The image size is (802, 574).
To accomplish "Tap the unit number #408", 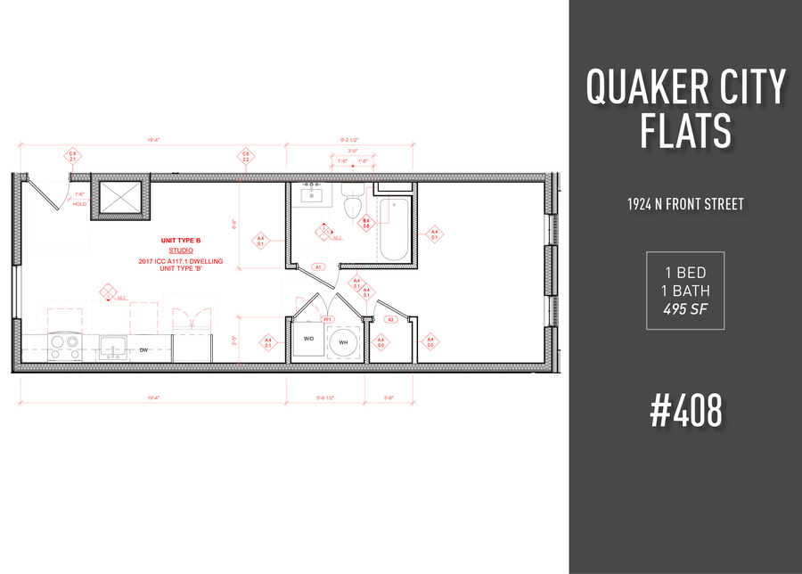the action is coord(685,409).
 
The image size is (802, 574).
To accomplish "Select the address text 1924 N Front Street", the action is coord(685,204).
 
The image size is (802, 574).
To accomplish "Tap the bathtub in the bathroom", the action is coord(392,229).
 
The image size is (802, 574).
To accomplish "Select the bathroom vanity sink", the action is coord(312,197).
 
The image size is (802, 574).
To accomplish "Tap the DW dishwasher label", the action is coord(143,350).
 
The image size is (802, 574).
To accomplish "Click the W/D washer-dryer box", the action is coord(307,340).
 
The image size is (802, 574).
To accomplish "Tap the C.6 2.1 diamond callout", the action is coord(73,158).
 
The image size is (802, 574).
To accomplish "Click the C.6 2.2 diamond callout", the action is coord(245,158).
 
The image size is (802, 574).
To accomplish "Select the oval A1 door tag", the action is coord(318,266).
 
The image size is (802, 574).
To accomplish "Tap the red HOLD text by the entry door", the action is coord(80,204).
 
